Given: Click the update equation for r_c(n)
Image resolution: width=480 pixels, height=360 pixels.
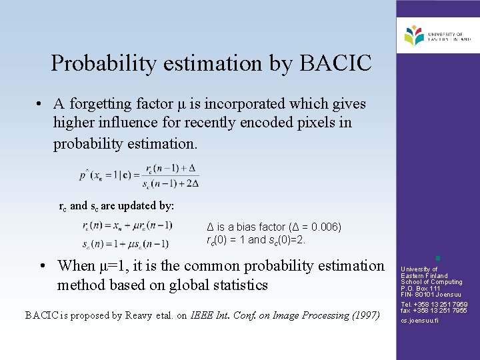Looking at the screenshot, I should click(x=126, y=227).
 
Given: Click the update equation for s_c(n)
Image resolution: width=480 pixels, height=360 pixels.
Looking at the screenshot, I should click(x=126, y=243).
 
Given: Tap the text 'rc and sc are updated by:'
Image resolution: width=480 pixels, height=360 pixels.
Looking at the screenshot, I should click(x=117, y=207).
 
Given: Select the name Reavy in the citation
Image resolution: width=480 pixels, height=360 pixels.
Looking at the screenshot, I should click(x=139, y=315).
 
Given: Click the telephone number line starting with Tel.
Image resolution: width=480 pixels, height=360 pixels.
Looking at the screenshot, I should click(x=434, y=305).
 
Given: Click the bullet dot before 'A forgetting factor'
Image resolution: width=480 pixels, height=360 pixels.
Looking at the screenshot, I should click(x=41, y=104).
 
